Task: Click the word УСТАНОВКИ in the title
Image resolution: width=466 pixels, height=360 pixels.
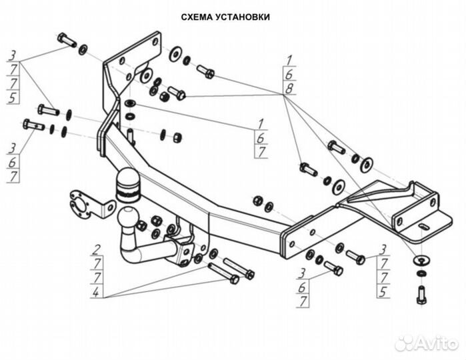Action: coord(245,17)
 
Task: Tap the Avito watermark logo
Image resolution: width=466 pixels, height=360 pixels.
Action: coord(427,343)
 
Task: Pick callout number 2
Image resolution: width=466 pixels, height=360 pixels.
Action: coord(97,251)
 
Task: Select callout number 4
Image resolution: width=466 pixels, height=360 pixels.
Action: coord(97,293)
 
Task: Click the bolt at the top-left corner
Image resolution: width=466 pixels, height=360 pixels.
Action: coord(67,39)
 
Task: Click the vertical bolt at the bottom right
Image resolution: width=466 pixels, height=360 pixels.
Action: coord(421,294)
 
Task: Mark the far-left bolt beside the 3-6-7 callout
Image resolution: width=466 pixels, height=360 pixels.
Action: coord(33,125)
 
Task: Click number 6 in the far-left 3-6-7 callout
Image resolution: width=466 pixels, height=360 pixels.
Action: coord(13,162)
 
